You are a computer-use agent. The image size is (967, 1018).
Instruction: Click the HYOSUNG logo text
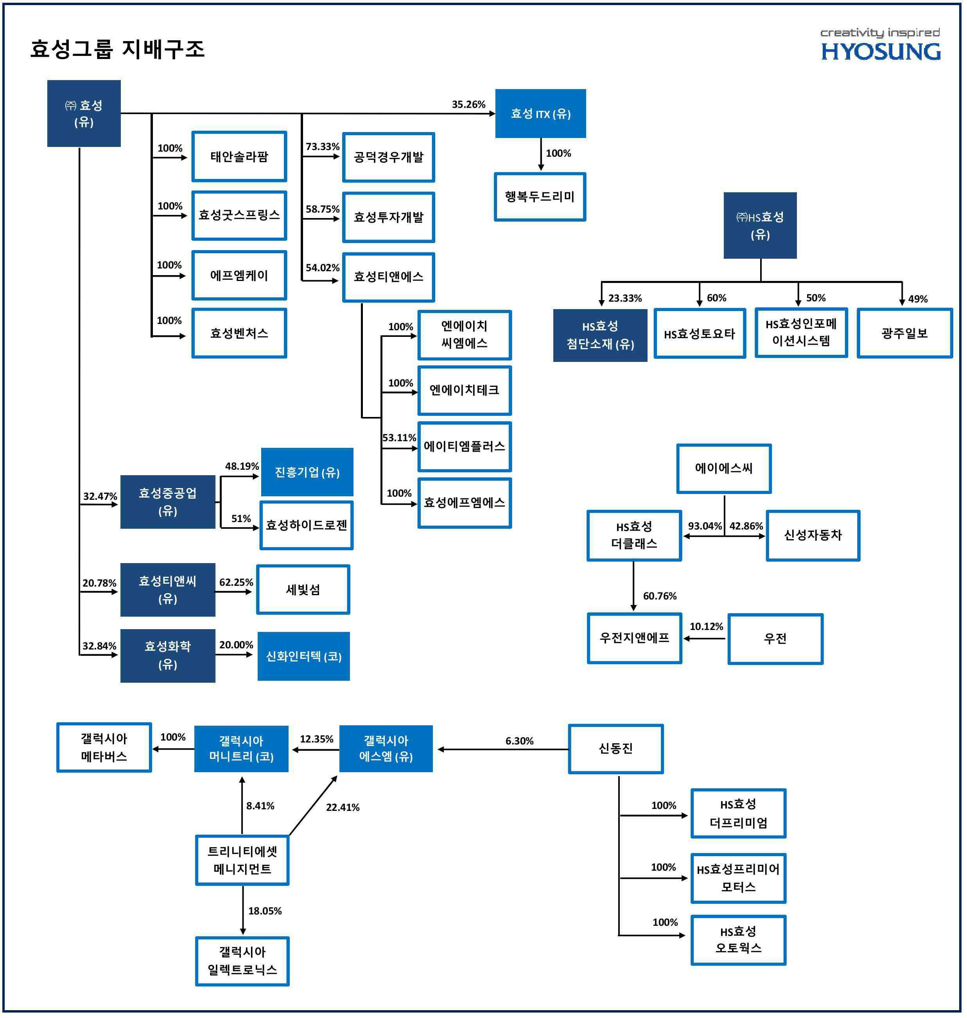pyautogui.click(x=881, y=52)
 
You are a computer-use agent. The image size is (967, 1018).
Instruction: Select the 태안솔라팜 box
pyautogui.click(x=239, y=157)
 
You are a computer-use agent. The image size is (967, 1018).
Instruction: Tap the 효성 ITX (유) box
pyautogui.click(x=540, y=114)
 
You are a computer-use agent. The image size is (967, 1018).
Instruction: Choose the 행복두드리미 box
pyautogui.click(x=540, y=197)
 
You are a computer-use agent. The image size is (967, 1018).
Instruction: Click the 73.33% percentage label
pyautogui.click(x=323, y=147)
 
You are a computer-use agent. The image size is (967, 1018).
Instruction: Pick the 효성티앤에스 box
pyautogui.click(x=389, y=277)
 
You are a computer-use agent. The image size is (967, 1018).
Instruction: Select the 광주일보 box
pyautogui.click(x=904, y=333)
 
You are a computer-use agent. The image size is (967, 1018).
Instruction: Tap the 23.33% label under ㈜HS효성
pyautogui.click(x=625, y=298)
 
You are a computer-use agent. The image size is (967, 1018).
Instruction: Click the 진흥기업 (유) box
pyautogui.click(x=307, y=472)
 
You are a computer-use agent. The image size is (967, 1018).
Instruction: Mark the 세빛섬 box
pyautogui.click(x=303, y=590)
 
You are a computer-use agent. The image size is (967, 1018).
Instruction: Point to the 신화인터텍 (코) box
pyautogui.click(x=303, y=657)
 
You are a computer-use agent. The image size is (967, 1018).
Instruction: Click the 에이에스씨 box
pyautogui.click(x=724, y=468)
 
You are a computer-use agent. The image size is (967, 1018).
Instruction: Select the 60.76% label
pyautogui.click(x=659, y=596)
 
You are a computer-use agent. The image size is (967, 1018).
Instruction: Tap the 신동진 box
pyautogui.click(x=615, y=749)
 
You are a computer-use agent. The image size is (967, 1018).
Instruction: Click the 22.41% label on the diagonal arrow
pyautogui.click(x=343, y=807)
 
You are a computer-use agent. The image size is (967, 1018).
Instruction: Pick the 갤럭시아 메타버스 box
pyautogui.click(x=104, y=748)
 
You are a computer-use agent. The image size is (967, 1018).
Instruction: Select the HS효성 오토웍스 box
pyautogui.click(x=738, y=940)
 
